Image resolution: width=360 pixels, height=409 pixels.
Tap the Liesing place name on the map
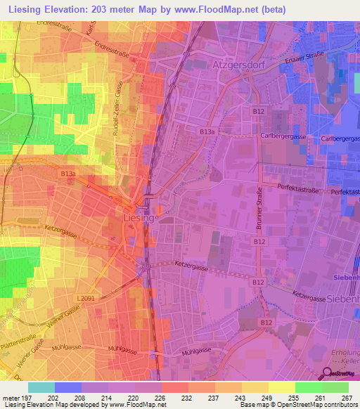139,219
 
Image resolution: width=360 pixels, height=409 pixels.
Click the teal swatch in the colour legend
41,387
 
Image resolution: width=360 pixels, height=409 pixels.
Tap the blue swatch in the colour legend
67,387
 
